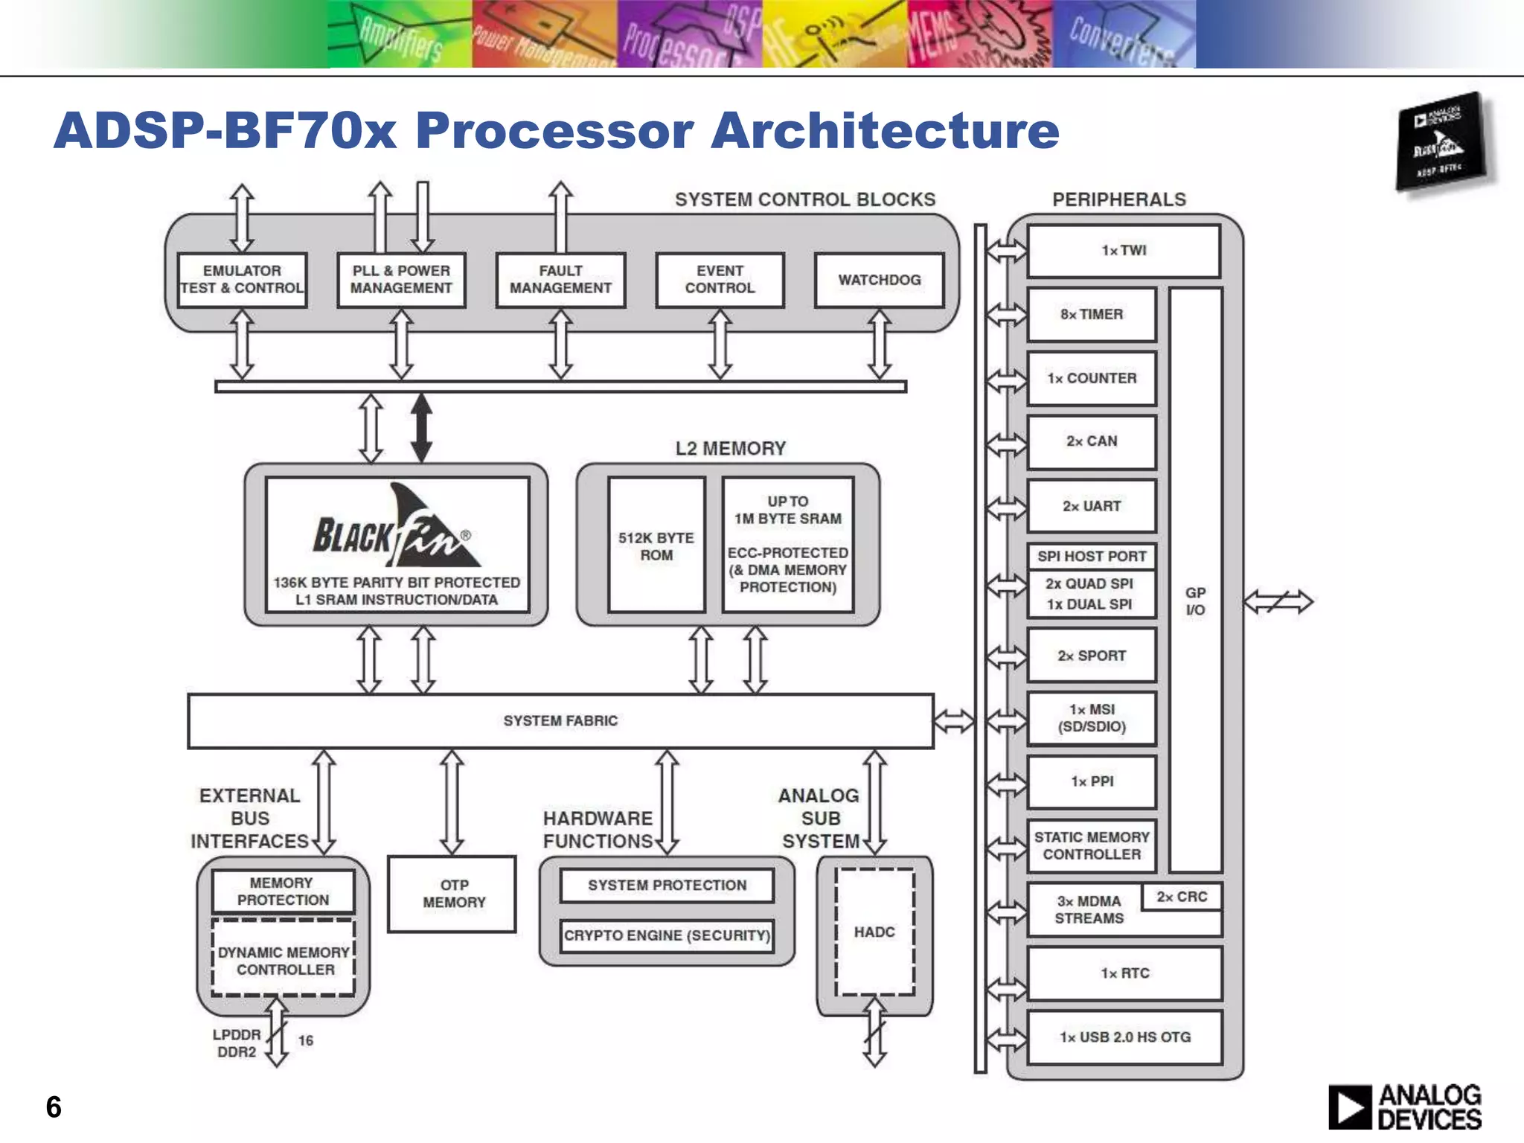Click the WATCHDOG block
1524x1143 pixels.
pos(879,280)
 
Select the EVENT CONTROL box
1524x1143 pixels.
pos(720,280)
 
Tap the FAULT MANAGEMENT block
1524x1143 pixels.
pos(560,280)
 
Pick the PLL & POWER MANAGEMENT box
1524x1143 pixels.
pos(401,280)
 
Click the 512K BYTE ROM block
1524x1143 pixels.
pos(656,546)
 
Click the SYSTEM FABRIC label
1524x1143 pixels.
pos(560,720)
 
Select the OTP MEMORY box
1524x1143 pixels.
pos(452,894)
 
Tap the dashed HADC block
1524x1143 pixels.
pos(874,932)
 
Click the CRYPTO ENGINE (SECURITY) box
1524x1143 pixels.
pos(667,935)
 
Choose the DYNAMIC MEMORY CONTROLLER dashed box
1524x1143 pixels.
pos(284,960)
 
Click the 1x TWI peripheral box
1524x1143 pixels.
pos(1124,251)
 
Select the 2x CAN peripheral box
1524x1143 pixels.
pos(1092,441)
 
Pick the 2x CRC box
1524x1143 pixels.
pos(1182,897)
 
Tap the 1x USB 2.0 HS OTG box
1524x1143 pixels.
pos(1124,1037)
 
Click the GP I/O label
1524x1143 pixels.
pos(1195,601)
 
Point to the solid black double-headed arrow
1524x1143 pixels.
pos(422,428)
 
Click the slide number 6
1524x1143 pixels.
pos(54,1107)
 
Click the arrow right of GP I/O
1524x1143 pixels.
pos(1278,601)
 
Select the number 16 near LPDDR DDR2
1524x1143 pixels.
pos(306,1040)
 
